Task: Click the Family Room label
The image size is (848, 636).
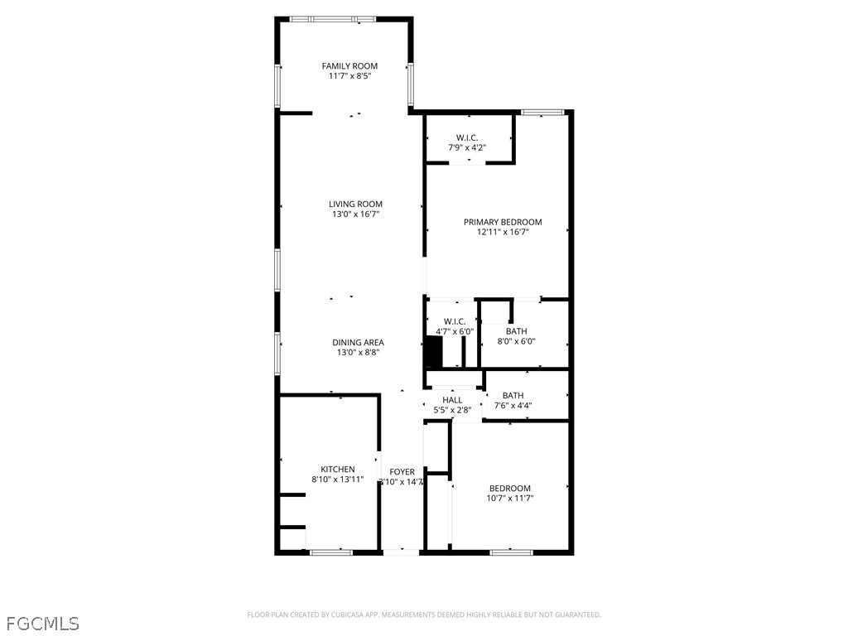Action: click(x=349, y=66)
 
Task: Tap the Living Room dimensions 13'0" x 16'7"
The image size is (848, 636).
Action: click(x=355, y=214)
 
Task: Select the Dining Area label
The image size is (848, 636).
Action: click(x=358, y=343)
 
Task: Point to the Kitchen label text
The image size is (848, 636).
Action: click(x=338, y=470)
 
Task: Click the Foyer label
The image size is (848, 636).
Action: click(x=402, y=472)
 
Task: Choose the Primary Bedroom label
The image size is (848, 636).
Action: click(x=503, y=222)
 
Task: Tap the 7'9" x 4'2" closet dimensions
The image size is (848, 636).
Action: click(x=467, y=147)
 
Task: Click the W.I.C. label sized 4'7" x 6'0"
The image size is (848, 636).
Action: click(x=455, y=321)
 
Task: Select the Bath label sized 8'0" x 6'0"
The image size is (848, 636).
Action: click(x=516, y=331)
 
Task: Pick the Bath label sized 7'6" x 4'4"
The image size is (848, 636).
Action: click(x=513, y=396)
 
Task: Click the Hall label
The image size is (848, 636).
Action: click(x=452, y=400)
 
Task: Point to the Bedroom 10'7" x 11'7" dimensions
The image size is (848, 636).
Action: click(x=509, y=499)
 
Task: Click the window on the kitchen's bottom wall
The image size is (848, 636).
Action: click(x=331, y=552)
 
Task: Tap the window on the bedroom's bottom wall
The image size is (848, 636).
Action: click(x=510, y=552)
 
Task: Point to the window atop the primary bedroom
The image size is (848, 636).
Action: click(x=542, y=112)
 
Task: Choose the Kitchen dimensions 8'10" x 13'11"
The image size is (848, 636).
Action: click(x=338, y=479)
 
